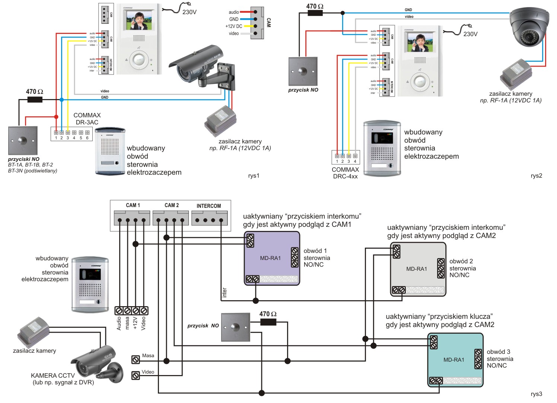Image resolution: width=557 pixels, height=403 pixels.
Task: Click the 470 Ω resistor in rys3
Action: click(x=268, y=322)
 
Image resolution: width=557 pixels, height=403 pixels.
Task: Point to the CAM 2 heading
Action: click(x=172, y=205)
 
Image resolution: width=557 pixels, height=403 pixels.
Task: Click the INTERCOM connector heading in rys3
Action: click(x=209, y=206)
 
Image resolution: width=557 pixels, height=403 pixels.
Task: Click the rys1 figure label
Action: click(x=254, y=176)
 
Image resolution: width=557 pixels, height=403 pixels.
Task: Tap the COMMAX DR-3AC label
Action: click(x=87, y=119)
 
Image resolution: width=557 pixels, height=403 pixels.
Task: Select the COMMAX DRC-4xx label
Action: click(x=345, y=173)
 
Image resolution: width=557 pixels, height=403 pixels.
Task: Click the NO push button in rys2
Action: click(x=303, y=71)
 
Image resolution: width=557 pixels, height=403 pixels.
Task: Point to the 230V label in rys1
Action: click(x=189, y=12)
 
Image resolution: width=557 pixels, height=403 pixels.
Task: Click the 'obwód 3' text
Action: click(x=498, y=352)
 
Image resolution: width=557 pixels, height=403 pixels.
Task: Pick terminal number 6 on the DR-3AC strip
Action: click(x=87, y=133)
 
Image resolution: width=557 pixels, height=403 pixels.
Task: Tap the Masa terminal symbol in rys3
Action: click(x=136, y=359)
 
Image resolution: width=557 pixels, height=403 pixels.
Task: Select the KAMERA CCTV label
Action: click(x=53, y=375)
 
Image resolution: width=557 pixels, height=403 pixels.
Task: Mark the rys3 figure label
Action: click(x=536, y=394)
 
